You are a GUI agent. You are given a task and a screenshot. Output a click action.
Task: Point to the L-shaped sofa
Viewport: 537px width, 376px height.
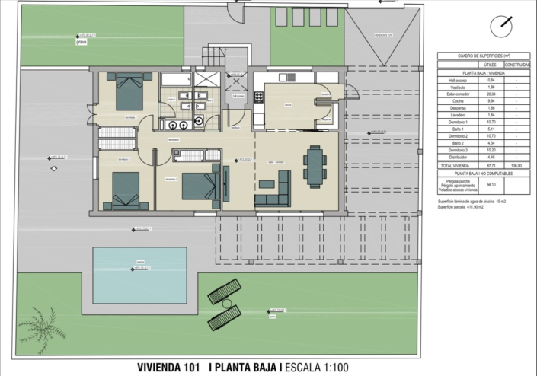pyautogui.click(x=275, y=190)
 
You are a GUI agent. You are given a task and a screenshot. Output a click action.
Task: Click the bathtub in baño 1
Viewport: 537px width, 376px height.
pyautogui.click(x=174, y=79)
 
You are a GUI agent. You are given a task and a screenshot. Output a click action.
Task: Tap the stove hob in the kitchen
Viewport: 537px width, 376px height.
pyautogui.click(x=259, y=97)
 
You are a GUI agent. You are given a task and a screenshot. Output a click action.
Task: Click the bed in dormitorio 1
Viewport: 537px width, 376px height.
pyautogui.click(x=127, y=94)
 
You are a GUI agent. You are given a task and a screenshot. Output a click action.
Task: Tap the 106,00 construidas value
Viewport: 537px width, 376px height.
pyautogui.click(x=519, y=165)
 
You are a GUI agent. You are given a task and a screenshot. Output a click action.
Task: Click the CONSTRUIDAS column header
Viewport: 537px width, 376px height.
pyautogui.click(x=519, y=65)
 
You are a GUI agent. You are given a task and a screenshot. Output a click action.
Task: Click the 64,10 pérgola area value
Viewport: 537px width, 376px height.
pyautogui.click(x=491, y=184)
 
